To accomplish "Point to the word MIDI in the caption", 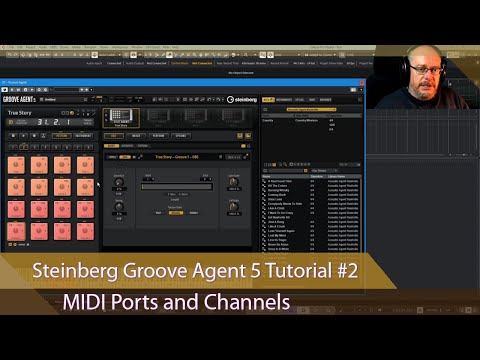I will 86,301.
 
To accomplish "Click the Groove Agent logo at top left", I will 23,99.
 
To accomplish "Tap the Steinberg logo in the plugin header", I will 242,99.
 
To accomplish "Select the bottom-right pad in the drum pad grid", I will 85,233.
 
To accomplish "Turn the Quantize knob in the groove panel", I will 119,182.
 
